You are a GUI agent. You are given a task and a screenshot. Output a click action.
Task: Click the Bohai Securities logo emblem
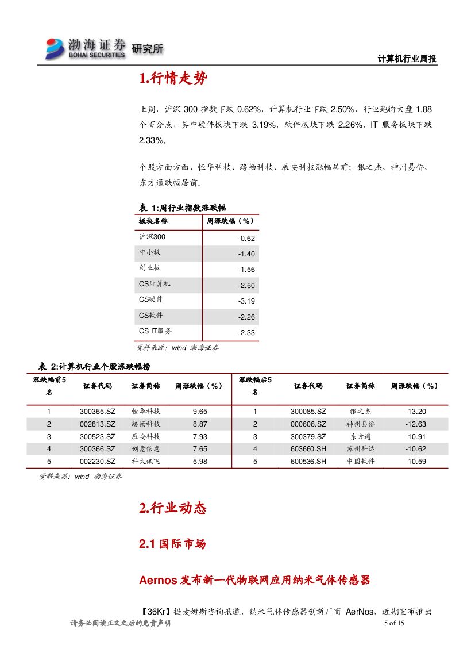(x=55, y=48)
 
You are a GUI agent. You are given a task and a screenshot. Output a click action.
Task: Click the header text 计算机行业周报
(x=407, y=59)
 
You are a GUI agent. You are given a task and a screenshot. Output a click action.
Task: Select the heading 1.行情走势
(x=173, y=79)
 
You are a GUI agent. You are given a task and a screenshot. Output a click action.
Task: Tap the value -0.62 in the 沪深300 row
(x=246, y=239)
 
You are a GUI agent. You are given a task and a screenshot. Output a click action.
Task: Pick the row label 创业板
(x=149, y=268)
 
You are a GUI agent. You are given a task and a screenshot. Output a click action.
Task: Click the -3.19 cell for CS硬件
(x=246, y=301)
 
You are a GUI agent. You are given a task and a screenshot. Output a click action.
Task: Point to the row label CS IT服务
(x=155, y=331)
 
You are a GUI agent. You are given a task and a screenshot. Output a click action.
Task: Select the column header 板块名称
(x=153, y=221)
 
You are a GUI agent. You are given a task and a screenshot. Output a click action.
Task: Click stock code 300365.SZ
(x=97, y=412)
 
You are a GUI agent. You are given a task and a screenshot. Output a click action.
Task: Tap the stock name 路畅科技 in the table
(x=145, y=424)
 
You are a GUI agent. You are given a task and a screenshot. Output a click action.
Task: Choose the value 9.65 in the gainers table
(x=200, y=412)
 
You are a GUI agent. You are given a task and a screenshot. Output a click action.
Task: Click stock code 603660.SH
(x=308, y=449)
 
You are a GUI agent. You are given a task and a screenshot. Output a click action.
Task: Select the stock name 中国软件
(x=360, y=462)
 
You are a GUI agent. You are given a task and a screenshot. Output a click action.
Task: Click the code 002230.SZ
(x=97, y=462)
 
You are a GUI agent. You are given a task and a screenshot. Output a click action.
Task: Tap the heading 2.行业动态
(x=172, y=508)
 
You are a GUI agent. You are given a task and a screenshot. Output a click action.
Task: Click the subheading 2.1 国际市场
(x=172, y=544)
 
